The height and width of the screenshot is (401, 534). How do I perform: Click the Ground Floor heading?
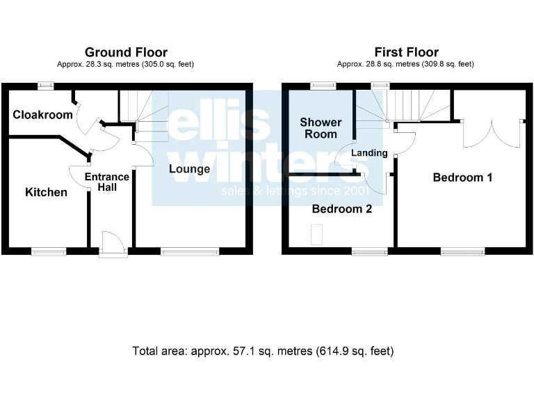(126, 52)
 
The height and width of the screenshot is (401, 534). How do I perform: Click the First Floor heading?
(406, 52)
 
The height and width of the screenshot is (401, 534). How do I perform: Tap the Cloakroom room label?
(42, 115)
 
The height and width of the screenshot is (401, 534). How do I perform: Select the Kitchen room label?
(47, 192)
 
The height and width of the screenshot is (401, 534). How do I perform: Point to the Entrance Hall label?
(107, 182)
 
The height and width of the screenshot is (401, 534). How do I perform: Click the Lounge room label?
(189, 169)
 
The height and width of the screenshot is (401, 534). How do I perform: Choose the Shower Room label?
(321, 128)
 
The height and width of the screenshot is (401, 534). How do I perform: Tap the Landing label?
(369, 153)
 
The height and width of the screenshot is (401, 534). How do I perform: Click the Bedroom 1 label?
(462, 178)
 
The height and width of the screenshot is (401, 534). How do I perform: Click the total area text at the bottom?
(263, 351)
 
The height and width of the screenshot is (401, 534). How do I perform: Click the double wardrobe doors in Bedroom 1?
(492, 132)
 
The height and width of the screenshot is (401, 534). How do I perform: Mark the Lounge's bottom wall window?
(191, 251)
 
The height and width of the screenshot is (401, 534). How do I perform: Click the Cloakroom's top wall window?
(46, 86)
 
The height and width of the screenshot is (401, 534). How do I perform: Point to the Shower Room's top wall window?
(323, 86)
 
